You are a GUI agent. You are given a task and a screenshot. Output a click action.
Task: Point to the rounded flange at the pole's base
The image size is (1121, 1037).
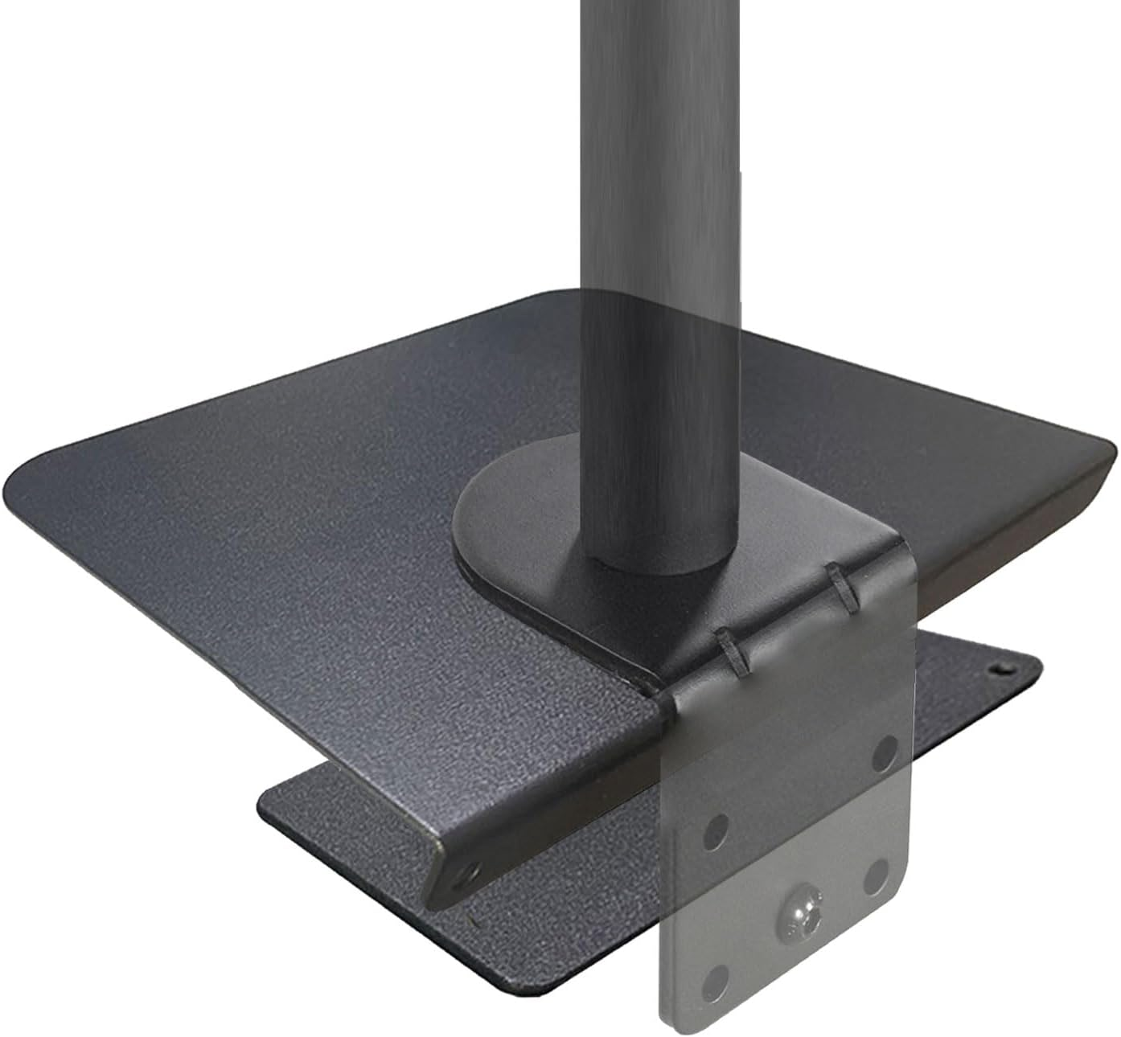[515, 531]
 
